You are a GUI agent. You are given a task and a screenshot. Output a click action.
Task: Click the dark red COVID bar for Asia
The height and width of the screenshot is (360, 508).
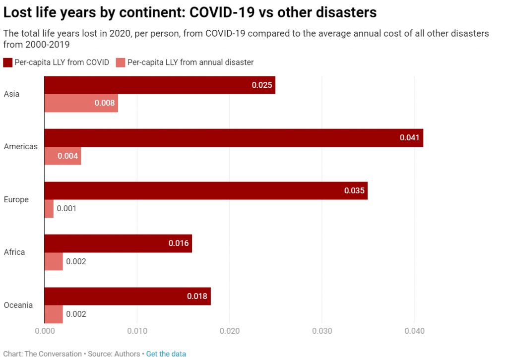coord(159,85)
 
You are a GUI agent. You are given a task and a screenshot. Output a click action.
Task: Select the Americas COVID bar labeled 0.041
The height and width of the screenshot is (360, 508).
coord(233,138)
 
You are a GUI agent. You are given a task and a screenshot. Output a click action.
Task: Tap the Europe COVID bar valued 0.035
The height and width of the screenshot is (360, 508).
coord(205,190)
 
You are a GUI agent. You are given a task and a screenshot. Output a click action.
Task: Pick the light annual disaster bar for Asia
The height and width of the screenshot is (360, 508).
coord(81,103)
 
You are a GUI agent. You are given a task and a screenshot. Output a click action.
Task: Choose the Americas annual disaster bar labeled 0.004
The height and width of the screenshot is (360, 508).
coord(63,156)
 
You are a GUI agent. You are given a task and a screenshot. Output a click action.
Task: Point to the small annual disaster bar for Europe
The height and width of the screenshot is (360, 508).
coord(49,208)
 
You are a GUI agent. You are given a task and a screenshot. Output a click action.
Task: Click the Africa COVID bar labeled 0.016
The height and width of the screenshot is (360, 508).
coord(118,243)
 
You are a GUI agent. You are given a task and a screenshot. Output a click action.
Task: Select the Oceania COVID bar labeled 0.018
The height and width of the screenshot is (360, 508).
coord(127,296)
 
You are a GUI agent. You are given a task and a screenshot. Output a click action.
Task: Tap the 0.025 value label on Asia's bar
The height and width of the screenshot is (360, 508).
coord(262,85)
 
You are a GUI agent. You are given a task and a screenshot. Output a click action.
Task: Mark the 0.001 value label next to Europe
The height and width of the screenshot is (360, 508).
coord(66,209)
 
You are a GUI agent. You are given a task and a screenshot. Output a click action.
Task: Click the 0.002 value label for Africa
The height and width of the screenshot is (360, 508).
coord(76,261)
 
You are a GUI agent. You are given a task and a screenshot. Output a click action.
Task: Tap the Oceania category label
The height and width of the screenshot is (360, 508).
coord(18,305)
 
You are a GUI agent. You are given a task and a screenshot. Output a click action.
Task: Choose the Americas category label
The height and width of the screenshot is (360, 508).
coord(20,146)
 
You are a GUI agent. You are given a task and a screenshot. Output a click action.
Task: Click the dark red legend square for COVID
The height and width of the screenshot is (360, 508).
coord(7,62)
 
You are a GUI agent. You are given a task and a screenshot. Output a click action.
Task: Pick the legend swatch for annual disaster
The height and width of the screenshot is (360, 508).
coord(120,62)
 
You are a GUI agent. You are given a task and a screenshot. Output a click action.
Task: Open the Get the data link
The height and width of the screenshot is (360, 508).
coord(166,354)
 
